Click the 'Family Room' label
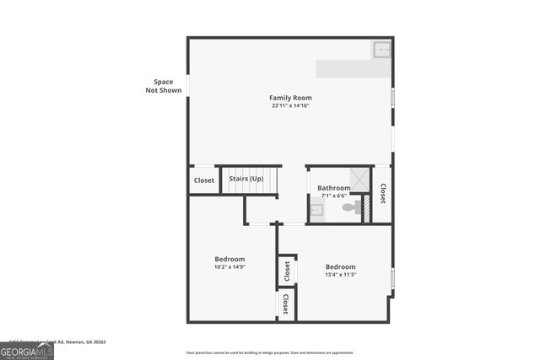[x=290, y=98]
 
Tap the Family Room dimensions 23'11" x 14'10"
[x=290, y=106]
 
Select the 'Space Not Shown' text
[x=163, y=86]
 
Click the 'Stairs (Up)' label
[x=246, y=179]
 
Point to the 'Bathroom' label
[x=334, y=188]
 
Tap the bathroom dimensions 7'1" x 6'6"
[x=334, y=196]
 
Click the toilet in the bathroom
[x=349, y=207]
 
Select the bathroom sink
[x=316, y=211]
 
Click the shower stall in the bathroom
[x=359, y=178]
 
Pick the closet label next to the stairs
[x=204, y=180]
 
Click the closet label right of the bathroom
[x=382, y=193]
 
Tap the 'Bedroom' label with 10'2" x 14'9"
[x=229, y=259]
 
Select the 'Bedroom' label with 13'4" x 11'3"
[x=341, y=266]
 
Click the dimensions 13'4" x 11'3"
[x=341, y=275]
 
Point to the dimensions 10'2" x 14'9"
[x=229, y=267]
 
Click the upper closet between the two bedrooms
[x=287, y=271]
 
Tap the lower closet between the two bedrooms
[x=286, y=304]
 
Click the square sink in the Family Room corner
[x=381, y=50]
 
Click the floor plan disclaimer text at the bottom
[x=270, y=352]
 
